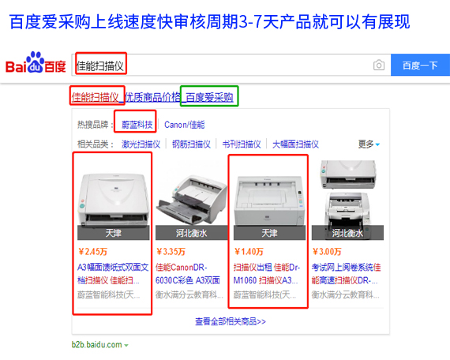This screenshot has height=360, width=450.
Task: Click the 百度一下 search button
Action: tap(419, 66)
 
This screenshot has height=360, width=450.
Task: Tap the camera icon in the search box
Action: tap(378, 66)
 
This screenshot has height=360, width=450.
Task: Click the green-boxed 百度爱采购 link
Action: tap(209, 97)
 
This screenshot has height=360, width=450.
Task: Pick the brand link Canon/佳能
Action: tap(184, 125)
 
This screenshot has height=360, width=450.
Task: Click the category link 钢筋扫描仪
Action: tap(191, 144)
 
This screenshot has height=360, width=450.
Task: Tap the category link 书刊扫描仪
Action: tap(241, 144)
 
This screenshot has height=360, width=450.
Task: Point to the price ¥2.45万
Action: tap(91, 252)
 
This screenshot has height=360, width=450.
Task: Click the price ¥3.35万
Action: tap(170, 252)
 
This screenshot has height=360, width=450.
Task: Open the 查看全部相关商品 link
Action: tap(230, 321)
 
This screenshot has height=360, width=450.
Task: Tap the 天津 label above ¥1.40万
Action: tap(268, 233)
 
